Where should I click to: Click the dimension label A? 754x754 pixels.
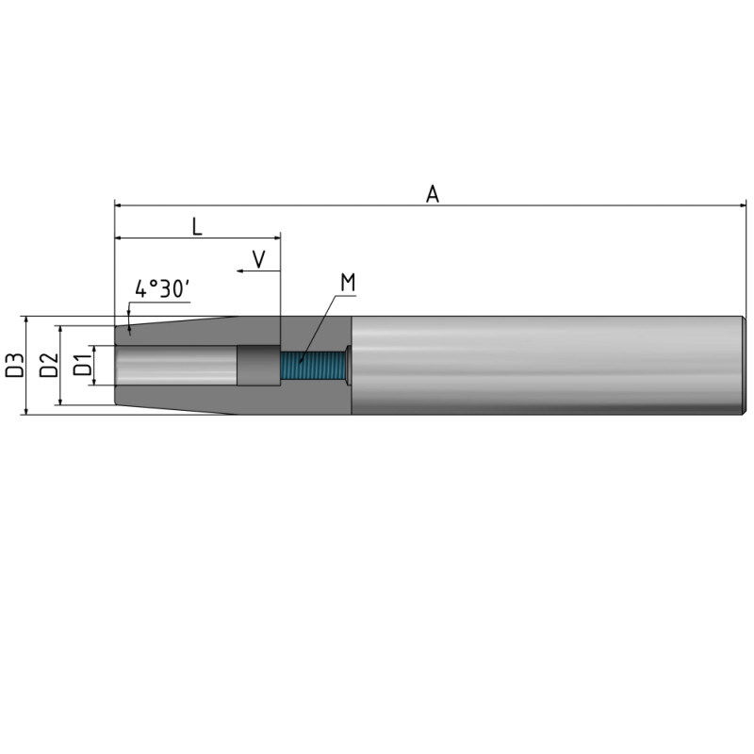[x=433, y=193]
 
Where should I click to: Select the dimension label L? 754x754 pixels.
[x=196, y=226]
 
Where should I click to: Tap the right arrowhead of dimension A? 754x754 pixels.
[x=742, y=204]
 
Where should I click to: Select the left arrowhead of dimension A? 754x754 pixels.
[x=119, y=204]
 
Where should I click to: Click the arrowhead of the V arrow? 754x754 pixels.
[x=240, y=270]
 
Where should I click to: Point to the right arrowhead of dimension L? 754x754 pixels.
[x=277, y=238]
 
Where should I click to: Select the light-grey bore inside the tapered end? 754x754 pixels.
[x=174, y=365]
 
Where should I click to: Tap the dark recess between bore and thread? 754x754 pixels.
[x=257, y=366]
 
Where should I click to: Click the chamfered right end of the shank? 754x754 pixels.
[x=744, y=365]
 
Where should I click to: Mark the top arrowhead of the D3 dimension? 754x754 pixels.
[x=25, y=320]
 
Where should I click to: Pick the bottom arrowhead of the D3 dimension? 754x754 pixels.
[x=25, y=410]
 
